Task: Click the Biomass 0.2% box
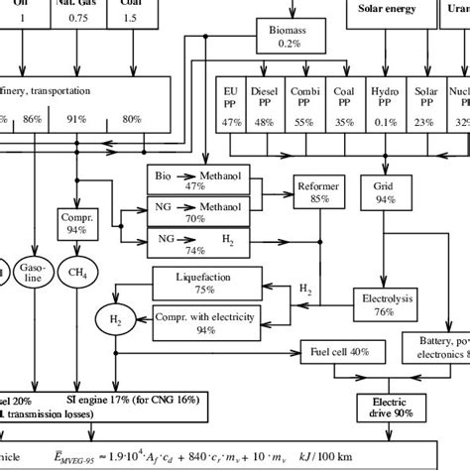coord(289,37)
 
